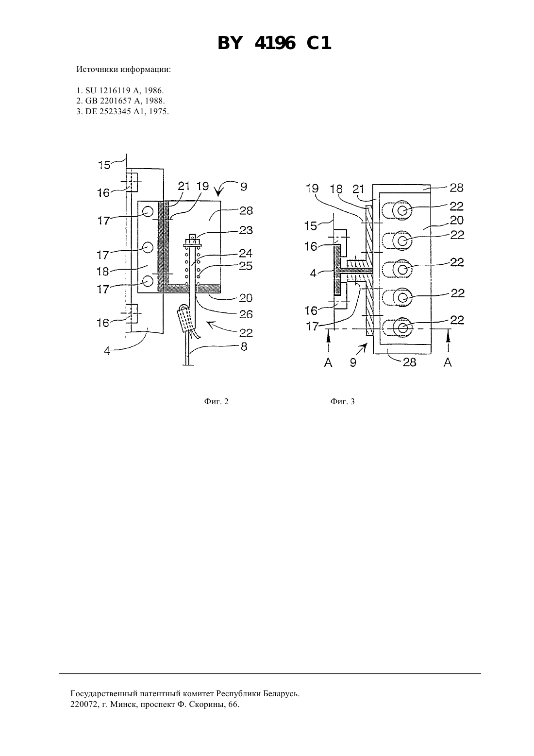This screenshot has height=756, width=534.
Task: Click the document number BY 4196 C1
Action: pos(274,44)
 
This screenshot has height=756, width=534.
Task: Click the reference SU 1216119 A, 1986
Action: pos(120,90)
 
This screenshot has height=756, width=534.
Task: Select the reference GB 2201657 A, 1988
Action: pos(121,101)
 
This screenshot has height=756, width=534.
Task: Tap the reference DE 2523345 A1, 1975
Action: pos(123,111)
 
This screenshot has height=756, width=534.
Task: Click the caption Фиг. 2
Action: pos(216,402)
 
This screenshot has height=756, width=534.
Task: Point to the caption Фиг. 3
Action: pos(343,402)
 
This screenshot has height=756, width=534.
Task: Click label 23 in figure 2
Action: pos(246,230)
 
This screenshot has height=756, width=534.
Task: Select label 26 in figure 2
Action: pos(246,314)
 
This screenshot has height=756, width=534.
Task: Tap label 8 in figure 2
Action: pos(244,346)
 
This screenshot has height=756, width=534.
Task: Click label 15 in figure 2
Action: pos(104,165)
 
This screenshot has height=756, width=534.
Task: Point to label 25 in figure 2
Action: pos(246,266)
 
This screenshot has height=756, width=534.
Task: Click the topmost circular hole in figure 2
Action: pos(148,212)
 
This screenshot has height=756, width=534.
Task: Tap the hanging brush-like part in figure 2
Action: pos(185,319)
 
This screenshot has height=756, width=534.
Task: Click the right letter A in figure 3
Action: pos(448,362)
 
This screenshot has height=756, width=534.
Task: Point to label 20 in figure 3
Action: pos(457,220)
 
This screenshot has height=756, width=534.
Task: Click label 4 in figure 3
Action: pos(313,273)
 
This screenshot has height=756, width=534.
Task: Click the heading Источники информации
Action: pos(124,69)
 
